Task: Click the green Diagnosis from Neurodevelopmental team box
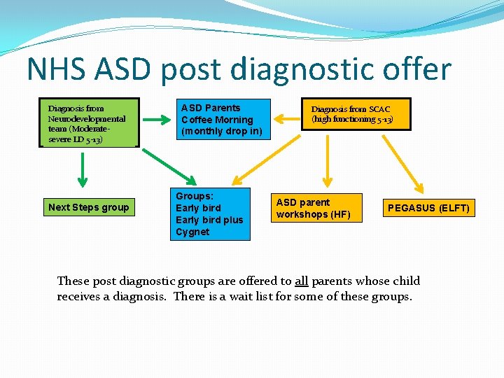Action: pyautogui.click(x=89, y=122)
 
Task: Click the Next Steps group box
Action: pyautogui.click(x=88, y=207)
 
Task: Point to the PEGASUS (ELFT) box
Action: pyautogui.click(x=429, y=208)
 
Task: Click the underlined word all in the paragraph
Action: pyautogui.click(x=301, y=281)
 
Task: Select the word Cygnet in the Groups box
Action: pyautogui.click(x=192, y=232)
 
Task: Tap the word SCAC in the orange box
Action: pyautogui.click(x=379, y=109)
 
